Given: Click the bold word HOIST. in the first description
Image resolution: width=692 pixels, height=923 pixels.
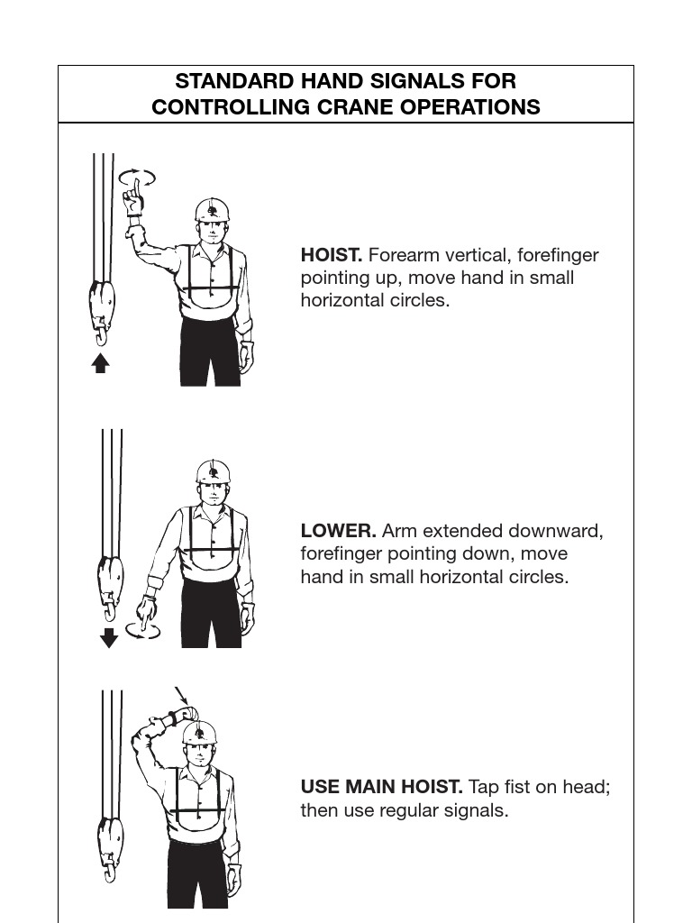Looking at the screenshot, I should [331, 255].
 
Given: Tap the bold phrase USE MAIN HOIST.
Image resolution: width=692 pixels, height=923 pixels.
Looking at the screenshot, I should [381, 787].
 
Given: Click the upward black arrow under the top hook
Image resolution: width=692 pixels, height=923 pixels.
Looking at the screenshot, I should [101, 363].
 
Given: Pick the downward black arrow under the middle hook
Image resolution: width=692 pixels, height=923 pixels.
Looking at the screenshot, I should [109, 638].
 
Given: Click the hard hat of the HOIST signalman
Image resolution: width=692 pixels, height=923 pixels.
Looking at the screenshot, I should [212, 211].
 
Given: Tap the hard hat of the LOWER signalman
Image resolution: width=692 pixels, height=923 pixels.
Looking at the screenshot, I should [213, 471].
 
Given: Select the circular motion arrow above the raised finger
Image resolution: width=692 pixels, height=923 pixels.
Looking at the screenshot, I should [137, 177].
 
